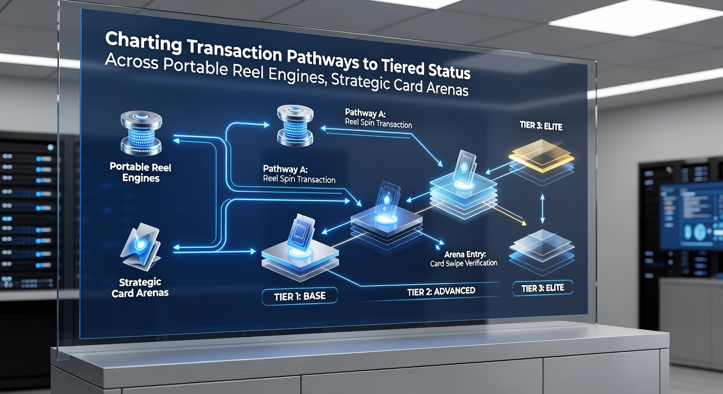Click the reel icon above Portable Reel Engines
(x=141, y=133)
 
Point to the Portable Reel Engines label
(x=140, y=172)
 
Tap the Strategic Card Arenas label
(x=140, y=288)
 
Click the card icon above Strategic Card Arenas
(x=141, y=246)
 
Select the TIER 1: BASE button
(x=299, y=296)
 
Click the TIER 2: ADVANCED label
(x=441, y=291)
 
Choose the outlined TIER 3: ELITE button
(x=543, y=288)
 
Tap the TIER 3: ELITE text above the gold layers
(x=541, y=126)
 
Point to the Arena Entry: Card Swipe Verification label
(x=464, y=259)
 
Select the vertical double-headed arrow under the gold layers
(x=542, y=209)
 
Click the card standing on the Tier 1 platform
(x=300, y=233)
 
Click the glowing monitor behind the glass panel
(x=691, y=216)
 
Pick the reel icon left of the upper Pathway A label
(x=295, y=125)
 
